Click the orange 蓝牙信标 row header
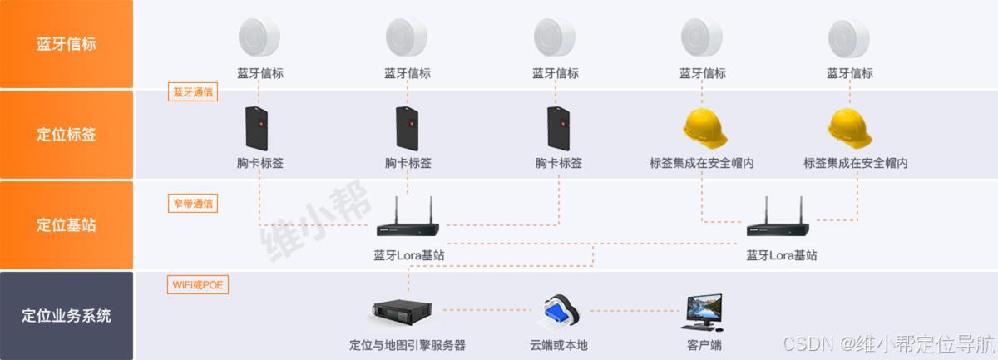[x=67, y=44]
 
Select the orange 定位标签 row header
[x=67, y=134]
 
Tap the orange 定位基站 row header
[x=67, y=224]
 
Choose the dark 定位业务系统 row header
[x=67, y=316]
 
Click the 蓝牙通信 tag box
[x=193, y=92]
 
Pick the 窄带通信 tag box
[x=193, y=202]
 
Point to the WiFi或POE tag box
[x=197, y=285]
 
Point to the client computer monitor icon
[x=704, y=311]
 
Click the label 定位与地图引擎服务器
[x=408, y=344]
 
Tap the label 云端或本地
[x=559, y=344]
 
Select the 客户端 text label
[x=704, y=344]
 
